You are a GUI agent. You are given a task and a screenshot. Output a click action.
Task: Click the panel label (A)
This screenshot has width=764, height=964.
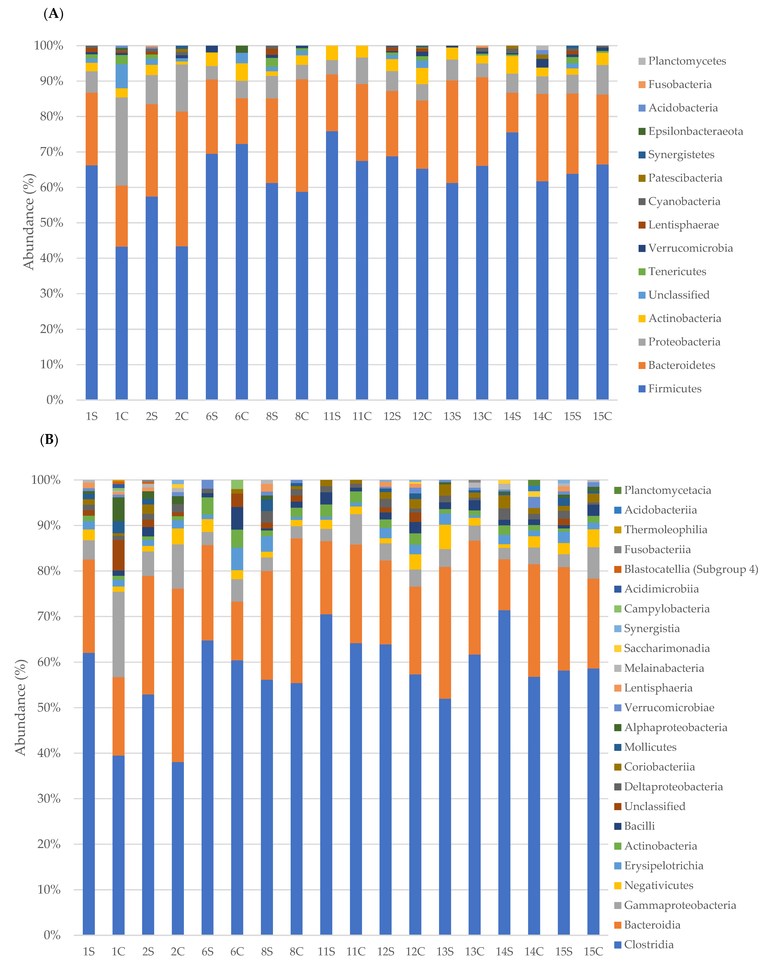(53, 14)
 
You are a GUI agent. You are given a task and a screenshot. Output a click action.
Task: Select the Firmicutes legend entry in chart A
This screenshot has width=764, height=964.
(675, 389)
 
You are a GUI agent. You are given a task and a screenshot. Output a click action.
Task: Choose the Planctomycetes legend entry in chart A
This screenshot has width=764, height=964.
(687, 61)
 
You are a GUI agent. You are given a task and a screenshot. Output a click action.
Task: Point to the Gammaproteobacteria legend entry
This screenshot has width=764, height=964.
(680, 905)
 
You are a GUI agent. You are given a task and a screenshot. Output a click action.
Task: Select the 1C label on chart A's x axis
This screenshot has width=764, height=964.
(122, 417)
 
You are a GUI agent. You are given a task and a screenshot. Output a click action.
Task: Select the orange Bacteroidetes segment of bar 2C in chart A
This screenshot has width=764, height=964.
(182, 179)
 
